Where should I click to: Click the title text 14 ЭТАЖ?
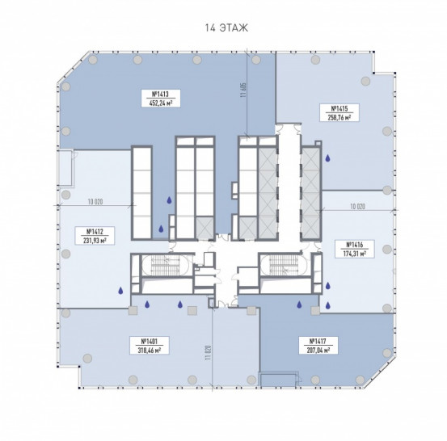point(226,28)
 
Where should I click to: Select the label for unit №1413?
point(161,98)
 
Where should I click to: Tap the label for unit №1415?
point(339,112)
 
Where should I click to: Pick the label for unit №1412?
point(95,235)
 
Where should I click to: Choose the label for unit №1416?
point(354,249)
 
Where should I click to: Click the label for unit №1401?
point(150,345)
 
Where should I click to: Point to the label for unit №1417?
point(318,345)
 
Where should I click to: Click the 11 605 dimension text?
point(242,90)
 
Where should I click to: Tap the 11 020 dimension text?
point(208,352)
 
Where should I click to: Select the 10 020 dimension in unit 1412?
point(95,202)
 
